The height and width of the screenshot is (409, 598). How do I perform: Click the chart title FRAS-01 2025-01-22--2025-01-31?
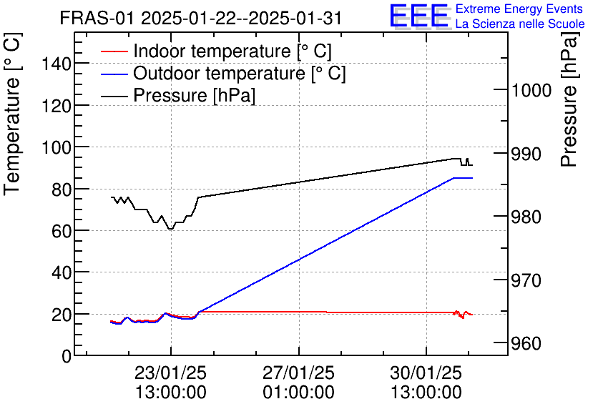click(201, 19)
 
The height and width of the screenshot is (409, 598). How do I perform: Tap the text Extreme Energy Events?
click(519, 9)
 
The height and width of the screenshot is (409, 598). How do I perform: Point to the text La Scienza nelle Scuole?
click(520, 24)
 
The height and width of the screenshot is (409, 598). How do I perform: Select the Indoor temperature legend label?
click(232, 51)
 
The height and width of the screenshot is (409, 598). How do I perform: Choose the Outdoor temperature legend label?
click(240, 74)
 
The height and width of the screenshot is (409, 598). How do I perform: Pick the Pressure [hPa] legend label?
click(195, 95)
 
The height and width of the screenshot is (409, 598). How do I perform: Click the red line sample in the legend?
click(114, 52)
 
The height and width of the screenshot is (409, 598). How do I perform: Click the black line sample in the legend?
click(114, 96)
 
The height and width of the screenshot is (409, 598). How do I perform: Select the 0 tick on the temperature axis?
click(66, 356)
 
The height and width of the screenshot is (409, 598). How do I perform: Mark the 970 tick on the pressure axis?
click(529, 280)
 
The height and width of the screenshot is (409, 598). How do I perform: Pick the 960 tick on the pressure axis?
click(529, 344)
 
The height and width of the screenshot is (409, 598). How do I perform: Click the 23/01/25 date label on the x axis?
click(170, 374)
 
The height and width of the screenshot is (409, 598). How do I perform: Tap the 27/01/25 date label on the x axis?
click(298, 374)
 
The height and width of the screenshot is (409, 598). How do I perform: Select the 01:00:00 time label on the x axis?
click(298, 393)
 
